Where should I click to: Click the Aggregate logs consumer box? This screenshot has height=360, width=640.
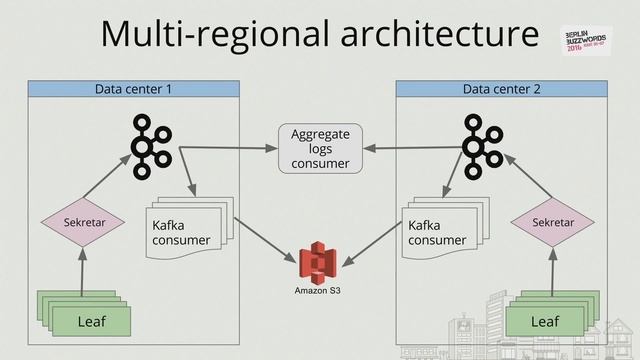coord(320,148)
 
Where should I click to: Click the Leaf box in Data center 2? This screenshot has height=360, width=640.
coord(545,320)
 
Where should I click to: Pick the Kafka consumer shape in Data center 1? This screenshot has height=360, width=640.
coord(184,231)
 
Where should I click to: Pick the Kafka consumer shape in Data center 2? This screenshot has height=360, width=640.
coord(440,231)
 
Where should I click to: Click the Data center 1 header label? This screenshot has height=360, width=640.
coord(133,89)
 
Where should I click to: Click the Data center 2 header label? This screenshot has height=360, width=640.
coord(501,89)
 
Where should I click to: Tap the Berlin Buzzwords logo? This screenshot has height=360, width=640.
coord(592,37)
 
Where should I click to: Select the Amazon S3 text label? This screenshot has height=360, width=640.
coord(318,291)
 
